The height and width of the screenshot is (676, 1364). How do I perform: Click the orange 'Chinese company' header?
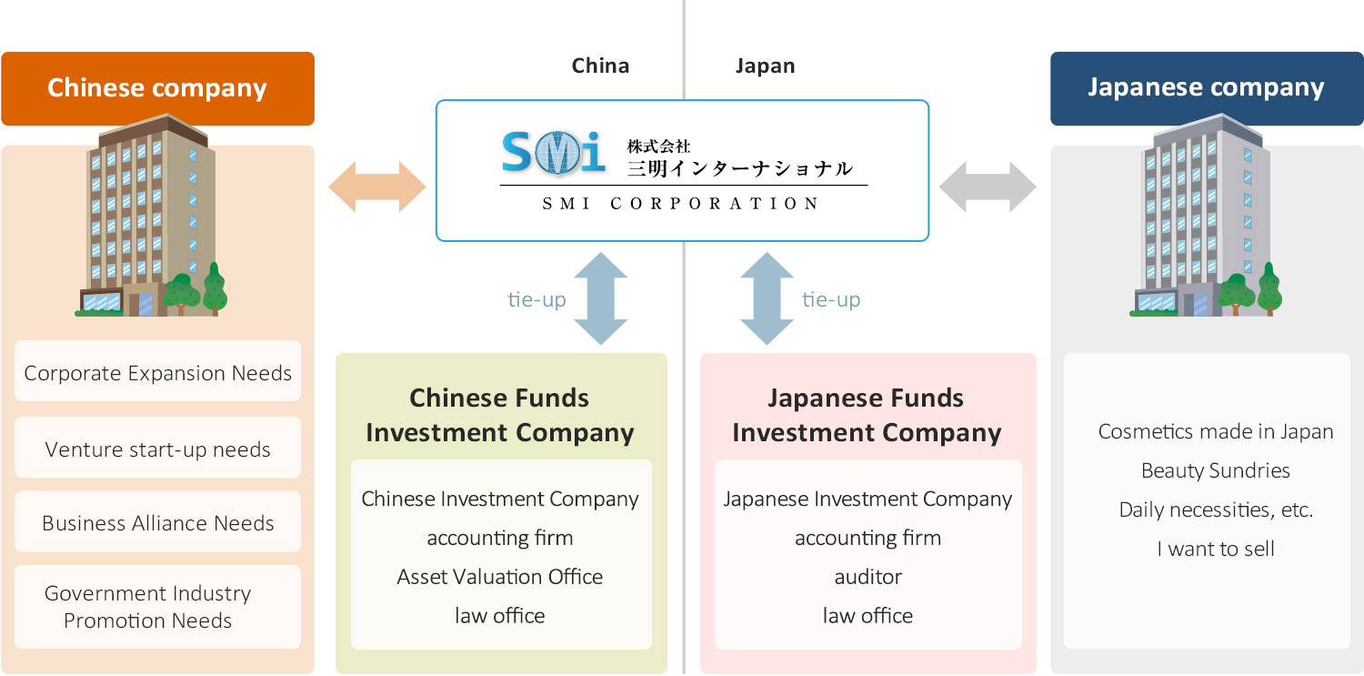click(157, 88)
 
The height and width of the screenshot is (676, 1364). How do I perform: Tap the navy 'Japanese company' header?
click(1206, 88)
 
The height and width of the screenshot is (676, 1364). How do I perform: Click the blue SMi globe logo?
click(553, 152)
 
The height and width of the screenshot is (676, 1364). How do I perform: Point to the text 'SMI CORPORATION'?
click(682, 204)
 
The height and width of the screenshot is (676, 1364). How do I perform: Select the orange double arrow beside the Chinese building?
click(376, 187)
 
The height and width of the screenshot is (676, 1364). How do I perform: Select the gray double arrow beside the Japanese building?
click(988, 187)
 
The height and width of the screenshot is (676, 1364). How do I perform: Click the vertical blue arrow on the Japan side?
click(767, 298)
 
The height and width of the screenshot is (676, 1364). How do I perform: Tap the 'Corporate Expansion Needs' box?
click(157, 372)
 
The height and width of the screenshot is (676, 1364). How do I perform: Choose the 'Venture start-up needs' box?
click(157, 449)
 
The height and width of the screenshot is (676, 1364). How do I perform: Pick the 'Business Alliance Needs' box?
click(157, 522)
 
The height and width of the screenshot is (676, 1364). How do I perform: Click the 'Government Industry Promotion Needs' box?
click(157, 607)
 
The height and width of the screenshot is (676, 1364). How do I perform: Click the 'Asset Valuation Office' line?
click(500, 577)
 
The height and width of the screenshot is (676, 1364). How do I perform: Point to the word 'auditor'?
click(868, 577)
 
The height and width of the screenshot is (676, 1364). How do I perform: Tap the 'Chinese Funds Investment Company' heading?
click(500, 415)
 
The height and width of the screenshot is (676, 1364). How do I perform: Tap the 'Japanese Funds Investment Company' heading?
click(867, 415)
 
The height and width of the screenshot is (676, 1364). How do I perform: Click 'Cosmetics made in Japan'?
click(1216, 431)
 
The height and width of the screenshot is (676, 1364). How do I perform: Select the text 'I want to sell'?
click(1216, 549)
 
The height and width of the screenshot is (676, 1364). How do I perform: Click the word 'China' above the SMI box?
click(600, 66)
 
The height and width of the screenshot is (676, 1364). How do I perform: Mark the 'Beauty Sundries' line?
click(1216, 470)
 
